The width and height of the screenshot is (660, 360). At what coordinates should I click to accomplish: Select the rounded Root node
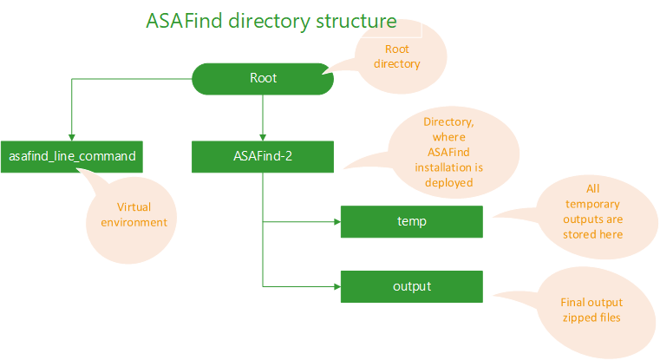coord(263,78)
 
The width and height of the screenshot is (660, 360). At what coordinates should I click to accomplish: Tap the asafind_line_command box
coord(72,156)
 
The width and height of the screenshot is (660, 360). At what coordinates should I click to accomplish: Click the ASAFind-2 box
coord(263,156)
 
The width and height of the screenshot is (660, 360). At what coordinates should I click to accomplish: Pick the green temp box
coord(411,221)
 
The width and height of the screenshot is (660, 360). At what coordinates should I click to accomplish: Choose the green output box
coord(411,285)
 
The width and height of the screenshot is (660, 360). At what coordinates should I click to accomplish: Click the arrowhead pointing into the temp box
coord(335,221)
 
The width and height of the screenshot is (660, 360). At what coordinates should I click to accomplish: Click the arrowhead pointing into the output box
coord(335,285)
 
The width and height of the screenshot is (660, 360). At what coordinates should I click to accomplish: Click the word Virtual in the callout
coord(134,207)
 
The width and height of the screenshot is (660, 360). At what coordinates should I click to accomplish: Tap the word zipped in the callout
coord(575,318)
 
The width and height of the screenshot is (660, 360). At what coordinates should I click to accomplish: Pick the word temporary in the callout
coord(593,203)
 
